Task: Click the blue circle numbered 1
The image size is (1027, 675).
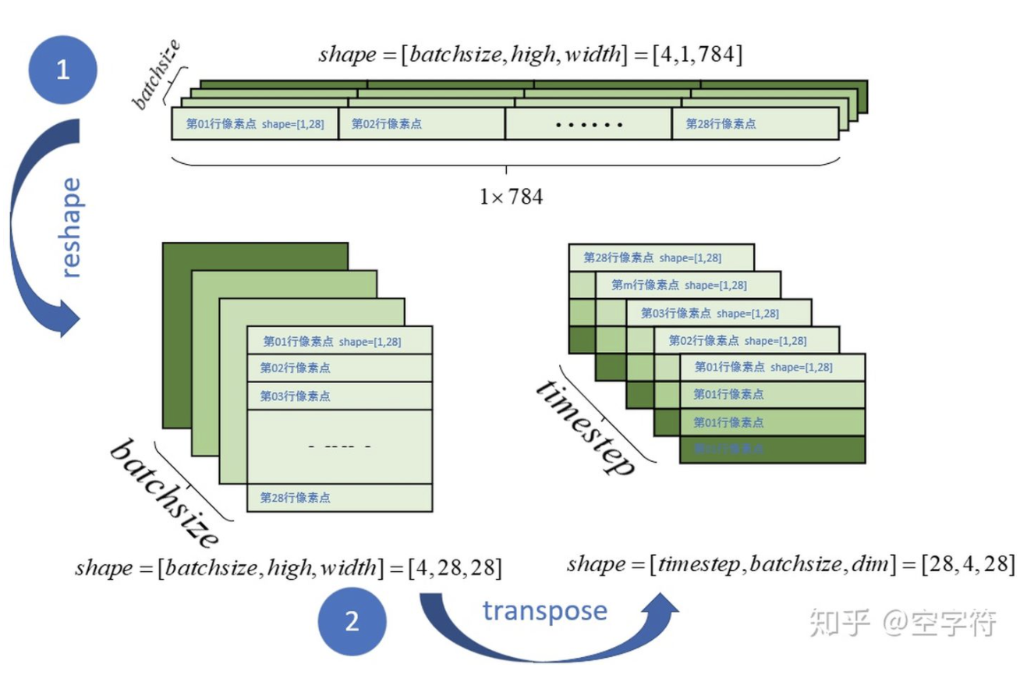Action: point(62,70)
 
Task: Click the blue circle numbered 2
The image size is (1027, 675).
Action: point(352,622)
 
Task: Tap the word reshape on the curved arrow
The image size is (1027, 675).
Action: point(70,228)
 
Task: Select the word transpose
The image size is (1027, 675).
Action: point(544,610)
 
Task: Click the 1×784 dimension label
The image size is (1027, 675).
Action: point(511,196)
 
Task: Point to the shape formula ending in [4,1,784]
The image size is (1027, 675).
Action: point(529,55)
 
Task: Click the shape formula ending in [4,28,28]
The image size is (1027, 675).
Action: point(288,567)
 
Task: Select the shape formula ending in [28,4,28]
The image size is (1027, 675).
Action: point(791,563)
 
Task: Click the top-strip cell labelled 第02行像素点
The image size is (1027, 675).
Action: point(421,123)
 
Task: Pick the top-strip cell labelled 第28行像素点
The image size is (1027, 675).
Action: point(754,123)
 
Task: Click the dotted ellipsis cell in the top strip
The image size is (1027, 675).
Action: point(588,123)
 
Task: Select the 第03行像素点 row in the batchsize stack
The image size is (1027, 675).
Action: point(339,396)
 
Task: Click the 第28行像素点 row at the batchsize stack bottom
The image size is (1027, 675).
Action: point(339,497)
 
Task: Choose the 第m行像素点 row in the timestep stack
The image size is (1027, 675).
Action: point(686,285)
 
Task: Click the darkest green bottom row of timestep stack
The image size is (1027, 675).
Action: point(772,449)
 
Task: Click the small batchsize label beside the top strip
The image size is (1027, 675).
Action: point(156,74)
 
